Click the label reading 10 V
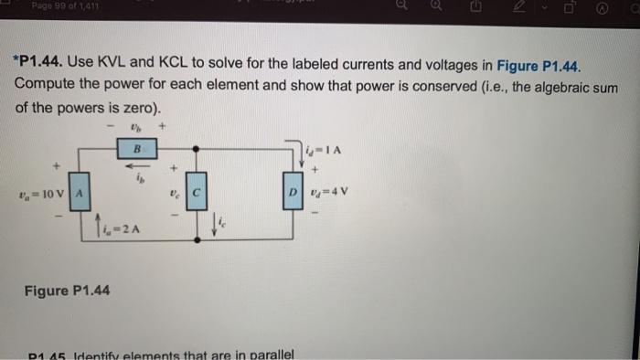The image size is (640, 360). point(50,193)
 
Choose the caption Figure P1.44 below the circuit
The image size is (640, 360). point(67,291)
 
